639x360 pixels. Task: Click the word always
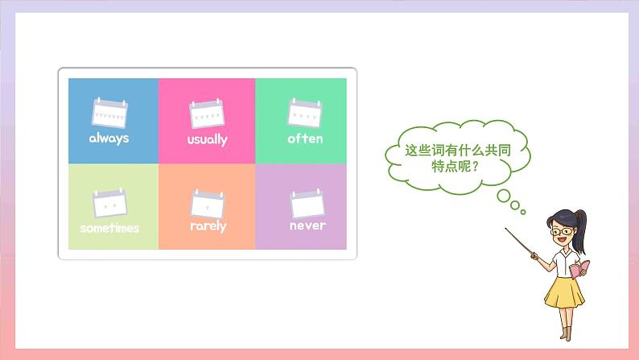(x=109, y=138)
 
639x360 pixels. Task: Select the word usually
(x=207, y=139)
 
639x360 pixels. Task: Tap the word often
(x=305, y=139)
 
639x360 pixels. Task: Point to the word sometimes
(x=109, y=228)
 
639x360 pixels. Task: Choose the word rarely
(x=208, y=226)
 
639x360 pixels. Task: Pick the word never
(x=307, y=226)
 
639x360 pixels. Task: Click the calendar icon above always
(x=109, y=112)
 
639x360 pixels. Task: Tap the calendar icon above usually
(x=207, y=114)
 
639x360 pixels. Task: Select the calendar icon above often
(x=305, y=113)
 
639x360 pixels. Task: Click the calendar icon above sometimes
(x=109, y=203)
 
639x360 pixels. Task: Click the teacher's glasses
(x=562, y=232)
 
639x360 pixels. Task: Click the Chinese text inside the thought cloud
(x=458, y=158)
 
